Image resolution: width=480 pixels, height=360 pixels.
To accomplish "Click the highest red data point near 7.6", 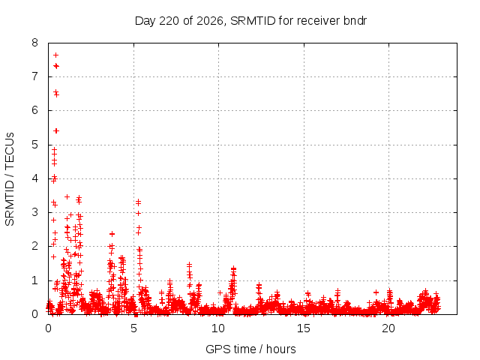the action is [55, 55].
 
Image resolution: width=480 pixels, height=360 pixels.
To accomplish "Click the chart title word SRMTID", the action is [253, 21].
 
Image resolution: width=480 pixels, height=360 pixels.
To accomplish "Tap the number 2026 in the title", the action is [210, 21].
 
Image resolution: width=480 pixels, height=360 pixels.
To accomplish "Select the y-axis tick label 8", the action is [35, 43].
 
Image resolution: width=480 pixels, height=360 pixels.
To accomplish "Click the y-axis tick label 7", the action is [35, 76].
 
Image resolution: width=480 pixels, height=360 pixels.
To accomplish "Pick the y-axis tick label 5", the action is [35, 145].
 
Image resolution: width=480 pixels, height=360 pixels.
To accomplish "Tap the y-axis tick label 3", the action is [35, 212].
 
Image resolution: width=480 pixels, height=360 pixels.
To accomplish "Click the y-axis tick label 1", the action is [35, 280].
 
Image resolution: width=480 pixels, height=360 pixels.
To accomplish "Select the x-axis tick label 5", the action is [133, 328].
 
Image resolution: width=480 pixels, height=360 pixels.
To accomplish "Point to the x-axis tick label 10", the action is [218, 328].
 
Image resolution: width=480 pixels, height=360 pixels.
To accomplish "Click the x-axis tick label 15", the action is [303, 328].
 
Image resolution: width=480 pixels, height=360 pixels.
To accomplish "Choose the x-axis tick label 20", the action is [388, 328].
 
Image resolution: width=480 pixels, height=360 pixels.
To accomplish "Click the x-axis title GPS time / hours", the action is [250, 349].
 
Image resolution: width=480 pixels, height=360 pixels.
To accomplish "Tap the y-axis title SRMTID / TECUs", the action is [10, 179].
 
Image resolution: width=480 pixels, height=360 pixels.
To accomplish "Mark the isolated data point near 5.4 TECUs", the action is [56, 131].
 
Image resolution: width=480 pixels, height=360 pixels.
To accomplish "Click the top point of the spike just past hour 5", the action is [138, 202].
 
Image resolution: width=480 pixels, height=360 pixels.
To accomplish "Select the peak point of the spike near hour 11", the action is [233, 268].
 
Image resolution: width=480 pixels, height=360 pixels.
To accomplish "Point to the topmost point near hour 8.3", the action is [190, 264].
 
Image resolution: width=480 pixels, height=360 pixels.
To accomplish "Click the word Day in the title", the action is [145, 21].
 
